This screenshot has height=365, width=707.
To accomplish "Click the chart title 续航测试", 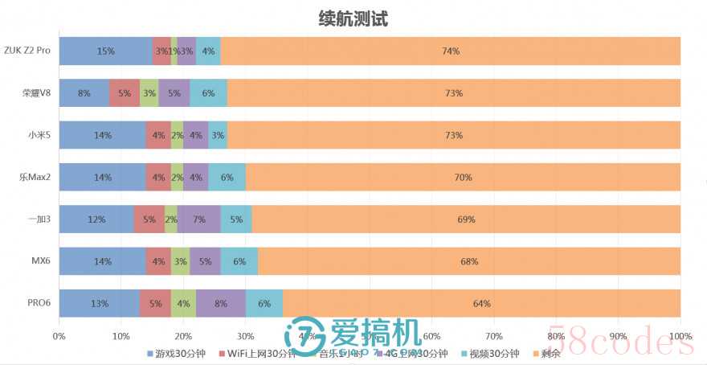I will pyautogui.click(x=353, y=18).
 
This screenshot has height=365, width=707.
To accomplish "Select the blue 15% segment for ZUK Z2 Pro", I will pyautogui.click(x=105, y=51).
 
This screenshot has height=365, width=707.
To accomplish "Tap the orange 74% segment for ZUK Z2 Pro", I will pyautogui.click(x=451, y=51).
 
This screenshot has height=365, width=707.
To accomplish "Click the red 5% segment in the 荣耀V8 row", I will pyautogui.click(x=125, y=93).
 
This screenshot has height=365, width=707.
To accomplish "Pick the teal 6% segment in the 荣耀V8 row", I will pyautogui.click(x=208, y=93).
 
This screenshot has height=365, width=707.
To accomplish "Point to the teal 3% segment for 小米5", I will pyautogui.click(x=217, y=135).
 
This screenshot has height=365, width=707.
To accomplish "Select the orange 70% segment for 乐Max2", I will pyautogui.click(x=463, y=177).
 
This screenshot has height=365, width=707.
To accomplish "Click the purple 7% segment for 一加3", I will pyautogui.click(x=198, y=219).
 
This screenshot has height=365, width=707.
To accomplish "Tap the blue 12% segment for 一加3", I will pyautogui.click(x=96, y=219).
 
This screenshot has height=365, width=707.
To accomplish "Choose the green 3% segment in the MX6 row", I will pyautogui.click(x=181, y=261).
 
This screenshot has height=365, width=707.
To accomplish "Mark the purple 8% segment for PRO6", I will pyautogui.click(x=221, y=303).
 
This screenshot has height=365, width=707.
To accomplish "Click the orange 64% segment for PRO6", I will pyautogui.click(x=482, y=303).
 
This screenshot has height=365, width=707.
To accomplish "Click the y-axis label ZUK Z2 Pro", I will pyautogui.click(x=27, y=51).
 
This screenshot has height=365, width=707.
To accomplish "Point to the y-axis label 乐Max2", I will pyautogui.click(x=35, y=177).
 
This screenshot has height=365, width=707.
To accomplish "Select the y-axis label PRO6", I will pyautogui.click(x=39, y=303).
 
